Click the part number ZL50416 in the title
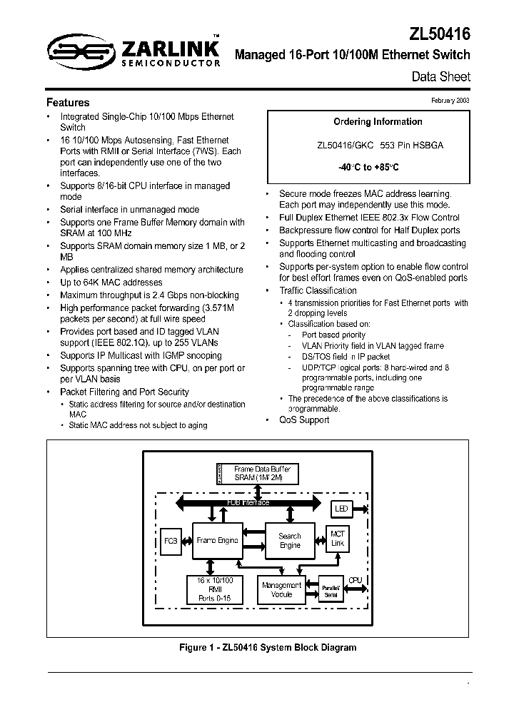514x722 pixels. coord(440,33)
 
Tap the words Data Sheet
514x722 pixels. coord(441,76)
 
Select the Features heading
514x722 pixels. coord(68,103)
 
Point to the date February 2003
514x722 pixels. coord(450,101)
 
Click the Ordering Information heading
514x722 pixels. coord(368,121)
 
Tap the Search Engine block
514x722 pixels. coord(290,540)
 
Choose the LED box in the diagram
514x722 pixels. coord(341,509)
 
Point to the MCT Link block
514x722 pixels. coord(337,539)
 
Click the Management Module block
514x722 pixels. coord(281,589)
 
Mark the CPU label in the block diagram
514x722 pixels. coord(356,580)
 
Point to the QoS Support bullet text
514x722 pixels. coord(304,420)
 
